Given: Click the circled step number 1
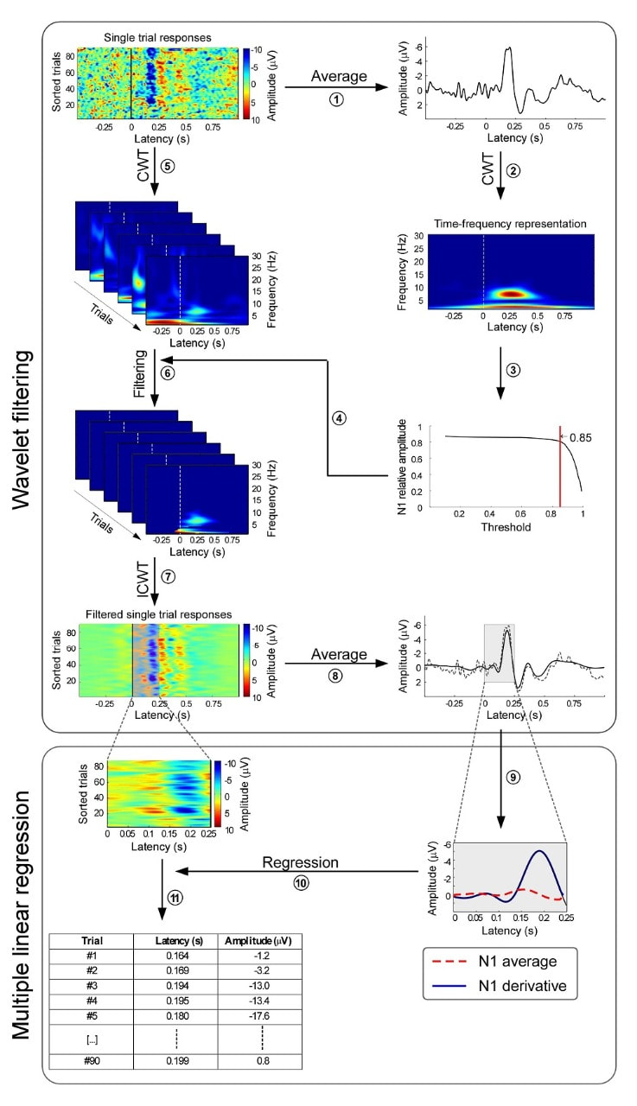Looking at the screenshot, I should pos(337,100).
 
